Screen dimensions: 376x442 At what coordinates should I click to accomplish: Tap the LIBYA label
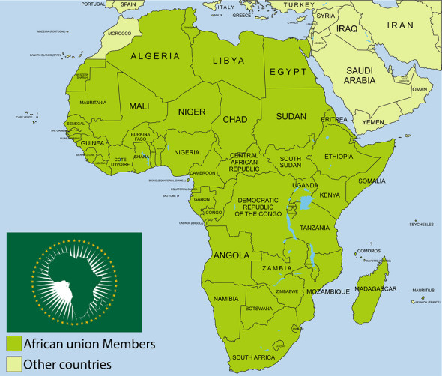(x=228, y=61)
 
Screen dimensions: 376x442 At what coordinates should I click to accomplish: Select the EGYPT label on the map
(x=288, y=73)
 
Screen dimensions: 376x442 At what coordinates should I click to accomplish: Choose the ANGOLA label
(x=231, y=255)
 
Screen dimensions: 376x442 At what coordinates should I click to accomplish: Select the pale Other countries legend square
(x=13, y=364)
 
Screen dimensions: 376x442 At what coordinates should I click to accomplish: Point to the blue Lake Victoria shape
(x=306, y=202)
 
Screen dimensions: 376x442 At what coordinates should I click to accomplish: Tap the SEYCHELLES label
(x=422, y=225)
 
